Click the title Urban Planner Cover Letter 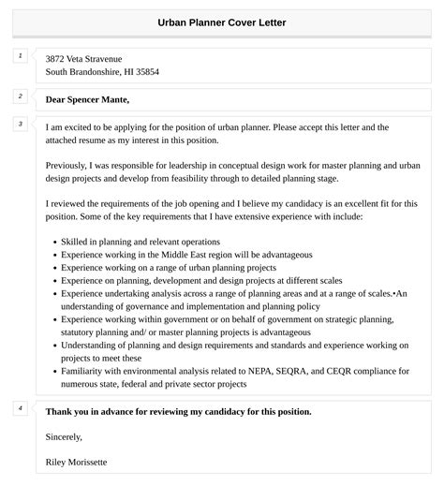pos(222,22)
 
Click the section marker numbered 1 pos(20,56)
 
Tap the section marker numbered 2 pos(20,96)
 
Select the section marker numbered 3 pos(20,124)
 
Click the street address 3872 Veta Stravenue pos(83,58)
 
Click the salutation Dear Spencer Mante pos(87,99)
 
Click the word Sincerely pos(64,436)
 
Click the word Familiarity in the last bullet pos(87,371)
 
